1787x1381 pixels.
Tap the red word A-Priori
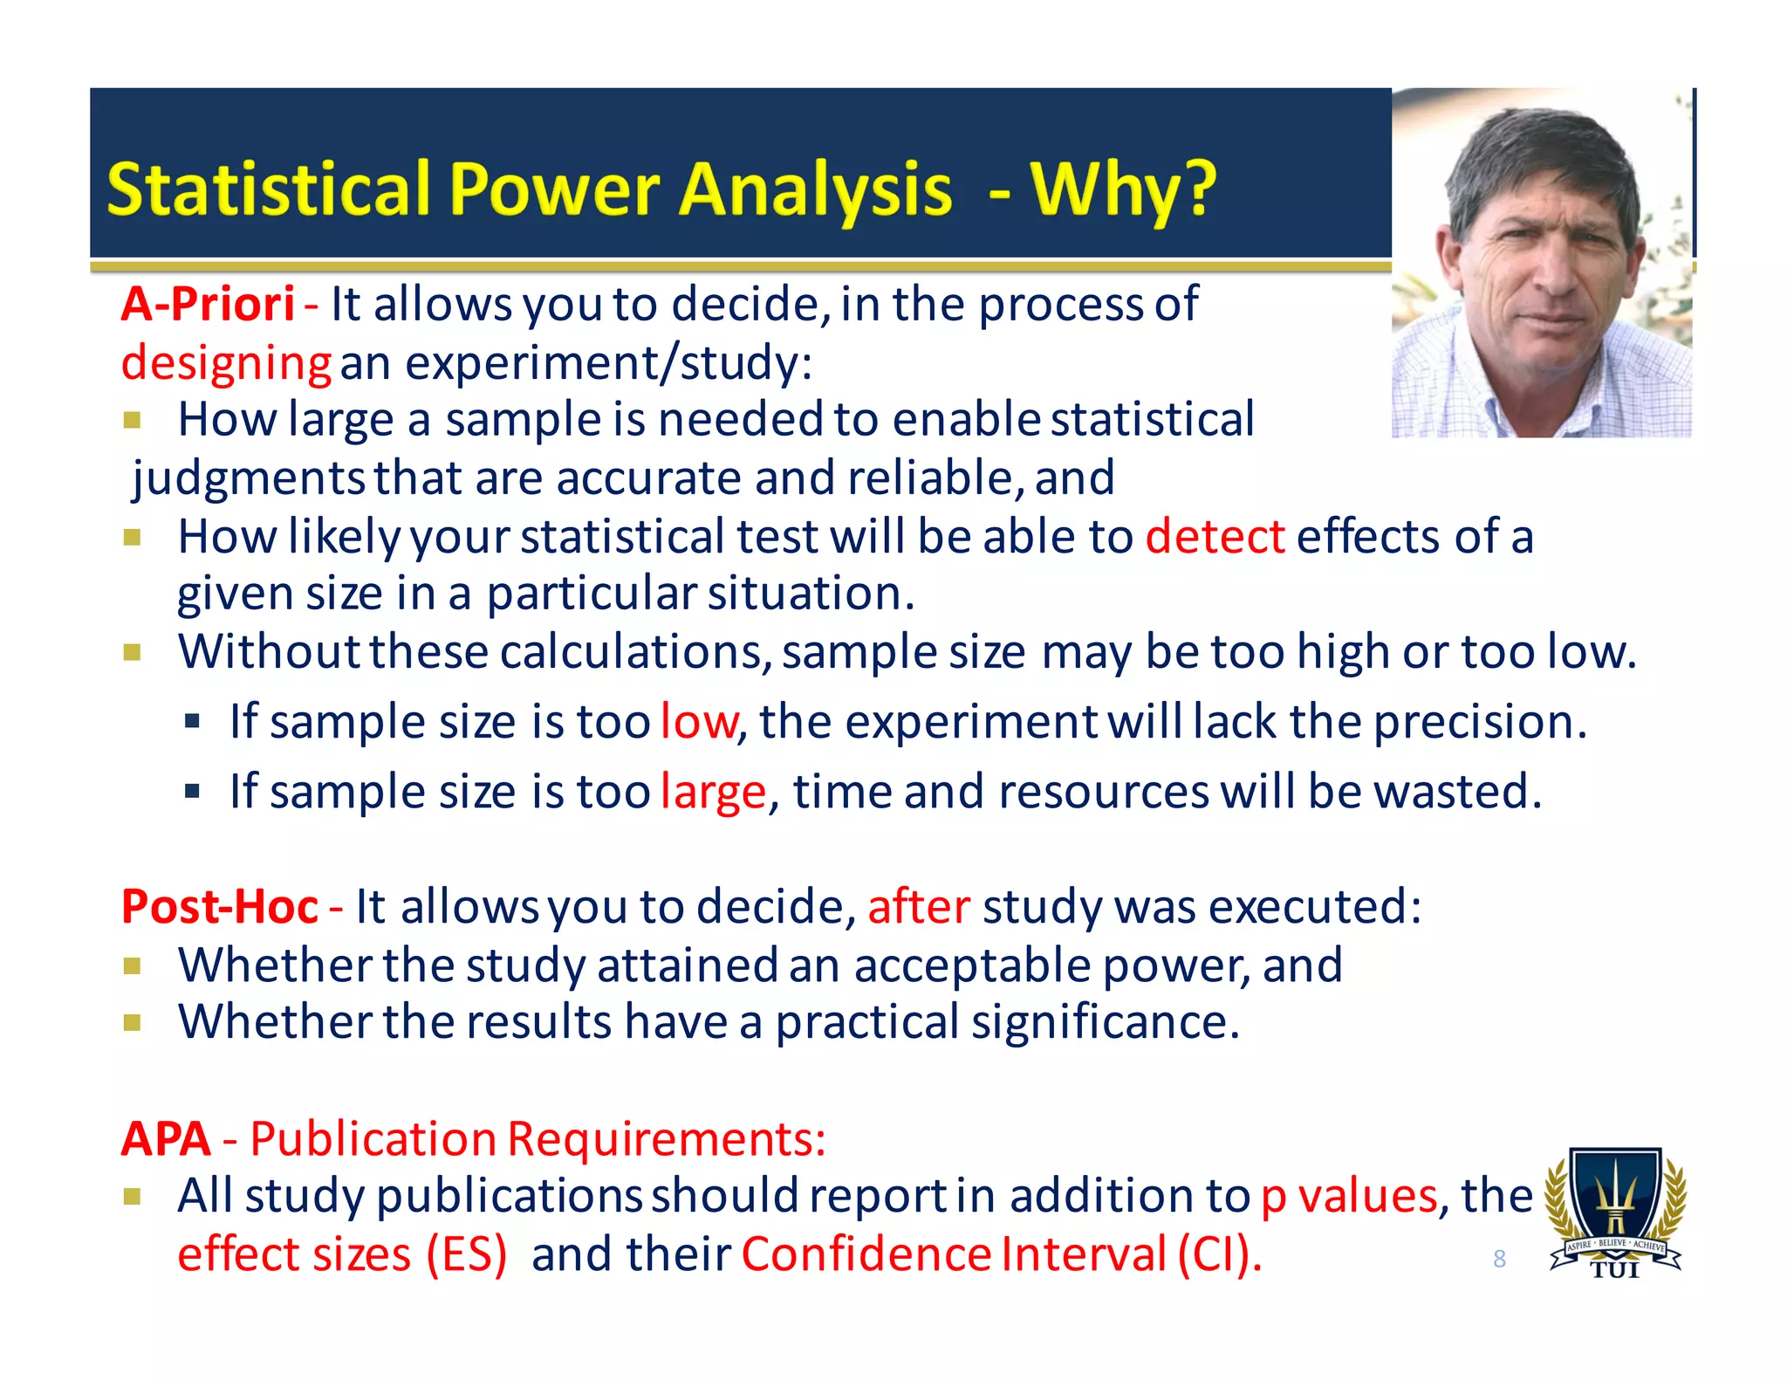208,305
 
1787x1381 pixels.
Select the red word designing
225,363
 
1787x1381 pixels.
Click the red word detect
1215,536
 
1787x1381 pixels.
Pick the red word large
713,792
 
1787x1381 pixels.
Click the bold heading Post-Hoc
219,906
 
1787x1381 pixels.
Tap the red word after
918,906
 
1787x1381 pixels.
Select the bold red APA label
166,1138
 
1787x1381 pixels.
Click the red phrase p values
1348,1196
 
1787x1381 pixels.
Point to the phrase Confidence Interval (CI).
1001,1254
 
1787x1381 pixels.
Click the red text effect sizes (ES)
342,1254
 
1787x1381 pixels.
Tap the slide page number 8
1499,1259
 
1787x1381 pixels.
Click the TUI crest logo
1615,1213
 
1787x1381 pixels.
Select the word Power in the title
555,189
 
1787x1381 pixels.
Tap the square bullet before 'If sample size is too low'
193,722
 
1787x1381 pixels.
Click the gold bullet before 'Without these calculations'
132,652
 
